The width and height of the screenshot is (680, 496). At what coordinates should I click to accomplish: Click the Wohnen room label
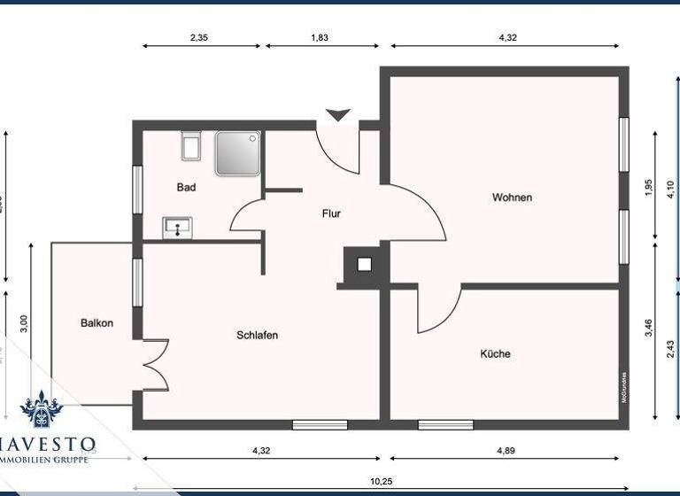tap(512, 198)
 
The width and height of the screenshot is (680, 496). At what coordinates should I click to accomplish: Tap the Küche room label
tap(495, 353)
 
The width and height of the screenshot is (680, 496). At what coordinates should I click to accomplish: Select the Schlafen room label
tap(258, 335)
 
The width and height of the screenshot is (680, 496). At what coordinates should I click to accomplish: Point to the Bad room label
tap(186, 188)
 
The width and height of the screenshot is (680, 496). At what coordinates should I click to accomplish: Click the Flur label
tap(330, 213)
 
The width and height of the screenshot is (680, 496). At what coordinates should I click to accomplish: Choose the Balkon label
tap(97, 323)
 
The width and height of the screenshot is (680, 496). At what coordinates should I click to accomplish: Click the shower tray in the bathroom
tap(238, 152)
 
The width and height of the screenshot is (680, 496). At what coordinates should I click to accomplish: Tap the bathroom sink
tap(178, 228)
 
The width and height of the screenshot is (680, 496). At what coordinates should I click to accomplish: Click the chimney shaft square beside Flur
tap(364, 264)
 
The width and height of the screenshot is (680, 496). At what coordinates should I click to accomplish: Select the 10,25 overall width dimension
tap(381, 481)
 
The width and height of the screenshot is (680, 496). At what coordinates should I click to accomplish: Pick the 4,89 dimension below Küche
tap(506, 451)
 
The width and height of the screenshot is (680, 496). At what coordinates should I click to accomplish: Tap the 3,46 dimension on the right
tap(648, 328)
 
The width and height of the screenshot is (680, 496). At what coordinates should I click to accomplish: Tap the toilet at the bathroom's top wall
tap(190, 145)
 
